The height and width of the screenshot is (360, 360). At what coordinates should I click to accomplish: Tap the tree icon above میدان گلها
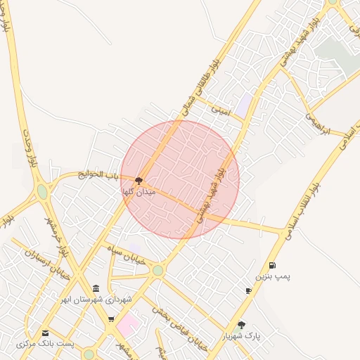click(x=139, y=181)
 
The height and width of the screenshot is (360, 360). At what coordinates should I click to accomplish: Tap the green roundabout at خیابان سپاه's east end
click(x=158, y=270)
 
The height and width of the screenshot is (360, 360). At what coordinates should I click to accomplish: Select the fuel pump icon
click(x=272, y=266)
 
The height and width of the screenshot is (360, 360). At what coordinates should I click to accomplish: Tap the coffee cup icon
click(x=248, y=290)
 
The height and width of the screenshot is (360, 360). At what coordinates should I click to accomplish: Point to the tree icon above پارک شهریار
click(x=242, y=325)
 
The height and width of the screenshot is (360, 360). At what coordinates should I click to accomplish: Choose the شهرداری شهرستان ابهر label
click(x=96, y=300)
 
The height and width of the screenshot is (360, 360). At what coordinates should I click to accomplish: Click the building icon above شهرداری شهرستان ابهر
click(x=96, y=289)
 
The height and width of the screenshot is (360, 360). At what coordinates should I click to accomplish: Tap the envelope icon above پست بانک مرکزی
click(x=46, y=333)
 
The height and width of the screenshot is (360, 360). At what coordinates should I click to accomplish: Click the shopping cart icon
click(x=111, y=320)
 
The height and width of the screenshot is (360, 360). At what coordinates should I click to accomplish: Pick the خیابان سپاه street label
click(x=126, y=254)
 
